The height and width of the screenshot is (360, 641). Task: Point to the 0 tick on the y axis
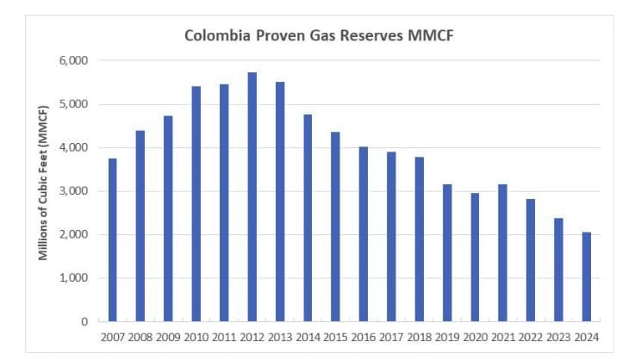[84, 321]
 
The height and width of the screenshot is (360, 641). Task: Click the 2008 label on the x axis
[140, 337]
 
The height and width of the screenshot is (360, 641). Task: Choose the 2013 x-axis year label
[280, 337]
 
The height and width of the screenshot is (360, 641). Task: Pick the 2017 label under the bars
[392, 337]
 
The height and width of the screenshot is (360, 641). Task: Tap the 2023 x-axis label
[559, 337]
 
